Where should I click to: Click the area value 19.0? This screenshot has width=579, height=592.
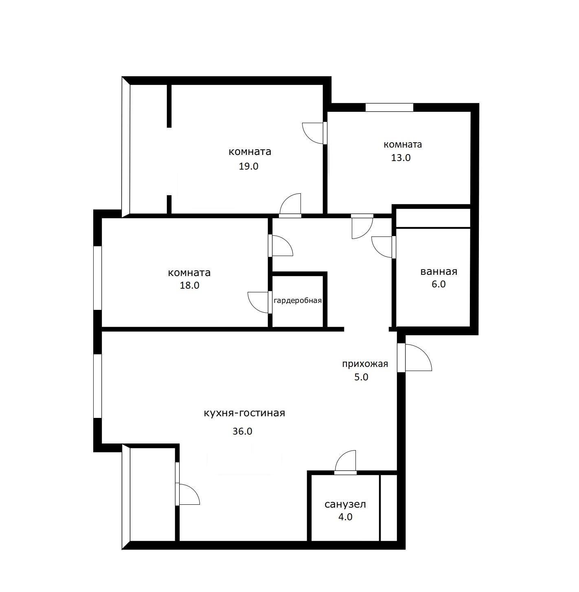point(248,166)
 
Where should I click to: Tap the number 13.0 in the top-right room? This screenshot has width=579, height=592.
point(401,158)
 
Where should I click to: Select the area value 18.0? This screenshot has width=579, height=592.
point(189,285)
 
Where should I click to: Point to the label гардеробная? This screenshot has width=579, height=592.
point(297,300)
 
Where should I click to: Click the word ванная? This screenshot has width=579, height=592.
point(439,272)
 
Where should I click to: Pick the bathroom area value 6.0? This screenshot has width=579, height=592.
point(439,284)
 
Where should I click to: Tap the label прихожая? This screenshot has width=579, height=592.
point(365,364)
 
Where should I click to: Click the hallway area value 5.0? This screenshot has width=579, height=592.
point(361,377)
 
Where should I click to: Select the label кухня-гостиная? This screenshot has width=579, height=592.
point(245,413)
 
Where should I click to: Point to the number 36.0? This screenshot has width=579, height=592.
point(242,431)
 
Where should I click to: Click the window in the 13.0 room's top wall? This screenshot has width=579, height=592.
point(389,108)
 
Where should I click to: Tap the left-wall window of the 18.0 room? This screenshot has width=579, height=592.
point(97,278)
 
